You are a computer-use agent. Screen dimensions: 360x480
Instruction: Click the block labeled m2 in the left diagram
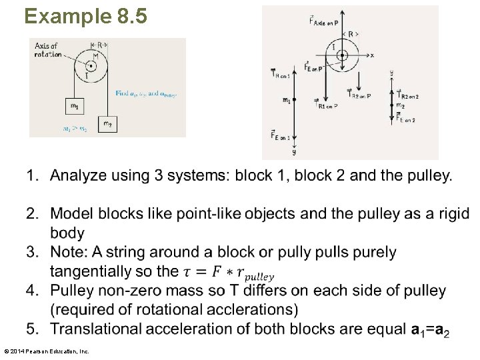click(107, 123)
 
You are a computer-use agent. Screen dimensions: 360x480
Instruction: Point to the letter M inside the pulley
click(95, 57)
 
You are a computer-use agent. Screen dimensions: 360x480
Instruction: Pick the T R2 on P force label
click(359, 95)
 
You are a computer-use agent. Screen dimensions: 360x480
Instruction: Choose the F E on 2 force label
click(405, 117)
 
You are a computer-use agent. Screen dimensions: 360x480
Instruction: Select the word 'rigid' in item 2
click(453, 214)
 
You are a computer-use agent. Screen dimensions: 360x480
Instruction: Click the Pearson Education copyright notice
click(46, 351)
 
